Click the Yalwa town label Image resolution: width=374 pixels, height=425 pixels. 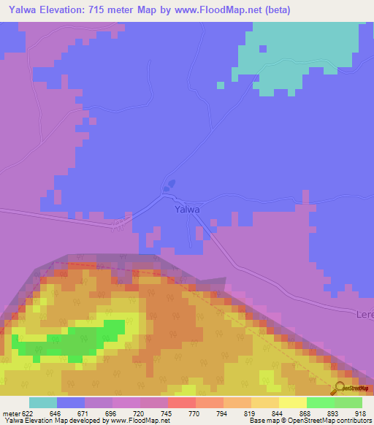188,210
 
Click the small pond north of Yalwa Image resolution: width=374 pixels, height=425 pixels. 169,186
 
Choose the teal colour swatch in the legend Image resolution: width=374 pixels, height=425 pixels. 43,402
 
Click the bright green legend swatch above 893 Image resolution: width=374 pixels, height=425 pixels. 320,402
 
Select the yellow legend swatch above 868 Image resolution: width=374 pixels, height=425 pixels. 292,402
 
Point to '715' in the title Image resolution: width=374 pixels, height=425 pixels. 98,10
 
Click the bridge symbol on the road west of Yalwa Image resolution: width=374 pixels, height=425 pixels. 117,225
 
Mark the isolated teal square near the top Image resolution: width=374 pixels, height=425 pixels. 220,85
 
